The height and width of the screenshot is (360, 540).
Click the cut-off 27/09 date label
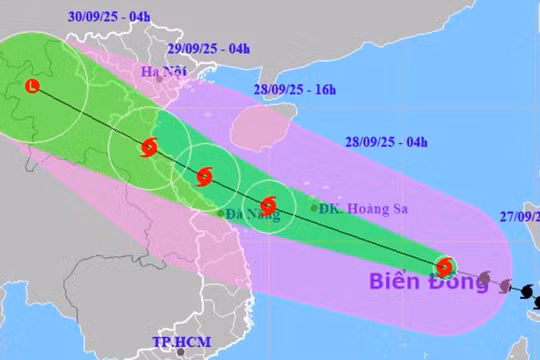[520, 214]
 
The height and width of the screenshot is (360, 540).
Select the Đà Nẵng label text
[251, 214]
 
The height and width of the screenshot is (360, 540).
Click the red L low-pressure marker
[34, 88]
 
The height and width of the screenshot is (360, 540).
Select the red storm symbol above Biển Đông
[445, 267]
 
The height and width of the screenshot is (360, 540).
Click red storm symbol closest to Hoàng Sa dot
[267, 205]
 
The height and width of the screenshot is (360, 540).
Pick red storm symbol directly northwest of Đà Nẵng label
[205, 178]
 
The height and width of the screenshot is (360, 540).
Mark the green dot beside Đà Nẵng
[221, 213]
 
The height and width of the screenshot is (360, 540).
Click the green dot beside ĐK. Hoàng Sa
[314, 209]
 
